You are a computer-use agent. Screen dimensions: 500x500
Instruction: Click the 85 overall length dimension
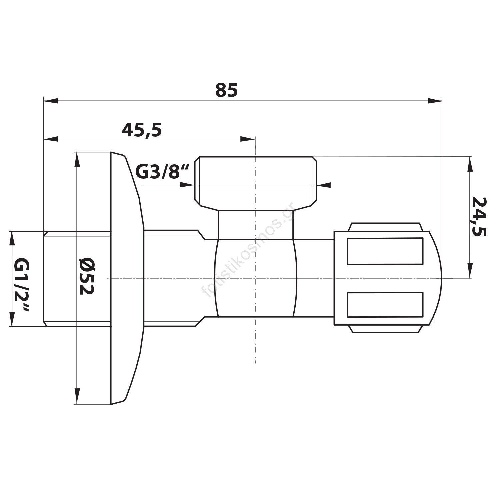tap(226, 90)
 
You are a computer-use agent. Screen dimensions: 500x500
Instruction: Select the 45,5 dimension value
tap(142, 130)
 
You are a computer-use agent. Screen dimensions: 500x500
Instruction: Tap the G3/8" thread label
tap(162, 172)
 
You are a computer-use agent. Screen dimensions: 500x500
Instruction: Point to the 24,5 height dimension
tap(479, 217)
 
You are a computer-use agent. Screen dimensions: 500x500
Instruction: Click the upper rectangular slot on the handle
tap(385, 251)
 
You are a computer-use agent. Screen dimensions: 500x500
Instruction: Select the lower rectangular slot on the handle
tap(385, 305)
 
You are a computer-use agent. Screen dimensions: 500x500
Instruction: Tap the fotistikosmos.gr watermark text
tap(247, 249)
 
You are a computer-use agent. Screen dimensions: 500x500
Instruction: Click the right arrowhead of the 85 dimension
tap(435, 101)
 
